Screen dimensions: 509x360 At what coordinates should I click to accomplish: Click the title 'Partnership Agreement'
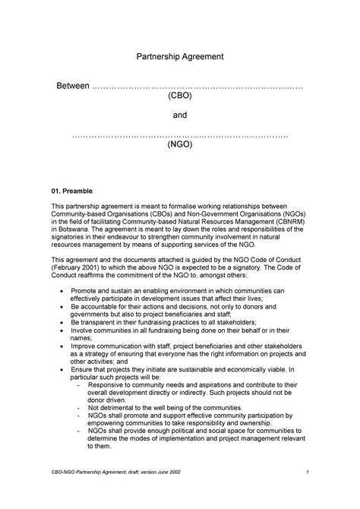coord(179,57)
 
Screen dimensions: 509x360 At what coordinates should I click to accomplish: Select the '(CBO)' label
coord(179,97)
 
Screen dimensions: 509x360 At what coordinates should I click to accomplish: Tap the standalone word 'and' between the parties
coord(179,115)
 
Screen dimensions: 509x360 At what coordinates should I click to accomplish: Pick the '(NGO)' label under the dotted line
coord(179,144)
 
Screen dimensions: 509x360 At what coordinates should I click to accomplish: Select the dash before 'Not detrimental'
coord(81,407)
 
